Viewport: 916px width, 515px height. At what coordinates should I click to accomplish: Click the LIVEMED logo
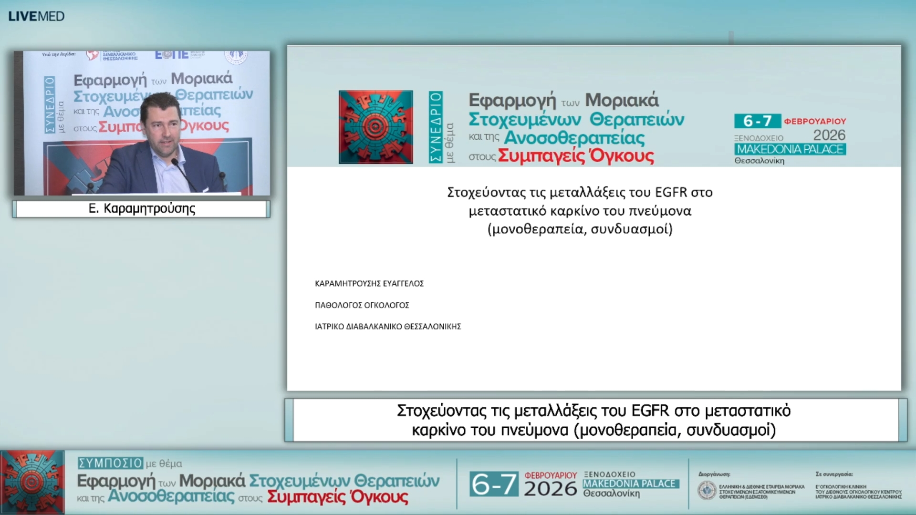pyautogui.click(x=36, y=16)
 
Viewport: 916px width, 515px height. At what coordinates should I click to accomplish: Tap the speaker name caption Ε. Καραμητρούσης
pyautogui.click(x=142, y=209)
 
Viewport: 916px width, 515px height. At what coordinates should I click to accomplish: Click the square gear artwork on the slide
pyautogui.click(x=375, y=127)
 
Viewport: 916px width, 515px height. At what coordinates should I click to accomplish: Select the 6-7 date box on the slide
pyautogui.click(x=757, y=121)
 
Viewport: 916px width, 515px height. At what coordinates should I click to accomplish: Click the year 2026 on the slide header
pyautogui.click(x=829, y=135)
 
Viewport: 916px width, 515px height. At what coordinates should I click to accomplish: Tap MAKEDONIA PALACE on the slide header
pyautogui.click(x=790, y=149)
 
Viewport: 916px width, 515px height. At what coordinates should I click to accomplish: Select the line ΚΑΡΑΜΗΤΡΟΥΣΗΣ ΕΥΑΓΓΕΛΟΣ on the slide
pyautogui.click(x=369, y=284)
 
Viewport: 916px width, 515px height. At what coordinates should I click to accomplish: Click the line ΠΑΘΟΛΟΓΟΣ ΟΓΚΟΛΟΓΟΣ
pyautogui.click(x=362, y=305)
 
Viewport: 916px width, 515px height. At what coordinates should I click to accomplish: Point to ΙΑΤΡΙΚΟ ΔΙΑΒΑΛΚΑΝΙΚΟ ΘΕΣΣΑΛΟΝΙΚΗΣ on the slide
pyautogui.click(x=387, y=327)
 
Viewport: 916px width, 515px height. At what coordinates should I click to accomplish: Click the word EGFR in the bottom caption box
pyautogui.click(x=650, y=411)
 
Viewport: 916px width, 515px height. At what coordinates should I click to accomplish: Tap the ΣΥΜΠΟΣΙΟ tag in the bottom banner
pyautogui.click(x=110, y=463)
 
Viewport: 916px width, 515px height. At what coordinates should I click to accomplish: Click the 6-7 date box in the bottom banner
pyautogui.click(x=494, y=484)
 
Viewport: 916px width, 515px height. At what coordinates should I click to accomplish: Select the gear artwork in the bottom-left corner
pyautogui.click(x=32, y=482)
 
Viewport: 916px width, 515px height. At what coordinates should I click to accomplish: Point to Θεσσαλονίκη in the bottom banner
pyautogui.click(x=612, y=494)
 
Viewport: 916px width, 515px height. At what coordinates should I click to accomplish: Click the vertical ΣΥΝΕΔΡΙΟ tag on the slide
pyautogui.click(x=435, y=127)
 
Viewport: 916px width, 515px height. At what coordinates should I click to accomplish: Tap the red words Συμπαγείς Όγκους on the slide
pyautogui.click(x=576, y=156)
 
